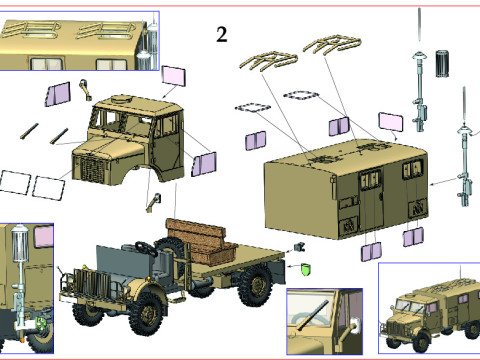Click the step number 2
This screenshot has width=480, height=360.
222,35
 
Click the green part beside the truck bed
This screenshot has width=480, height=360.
305,269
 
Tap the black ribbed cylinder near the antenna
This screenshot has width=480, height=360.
442,63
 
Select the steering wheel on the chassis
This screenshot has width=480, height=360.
146,248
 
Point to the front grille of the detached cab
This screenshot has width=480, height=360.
91,169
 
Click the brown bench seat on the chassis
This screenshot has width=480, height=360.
201,239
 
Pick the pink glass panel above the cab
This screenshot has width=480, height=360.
173,76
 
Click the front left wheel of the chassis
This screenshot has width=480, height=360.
147,313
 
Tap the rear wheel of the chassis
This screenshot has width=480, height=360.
256,286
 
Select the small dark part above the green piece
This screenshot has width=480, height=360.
299,247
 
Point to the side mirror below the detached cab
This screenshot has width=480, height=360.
154,202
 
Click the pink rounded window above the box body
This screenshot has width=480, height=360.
390,122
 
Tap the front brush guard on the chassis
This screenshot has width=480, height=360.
85,284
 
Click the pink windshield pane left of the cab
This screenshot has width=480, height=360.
58,94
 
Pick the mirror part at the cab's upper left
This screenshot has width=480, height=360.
85,89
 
